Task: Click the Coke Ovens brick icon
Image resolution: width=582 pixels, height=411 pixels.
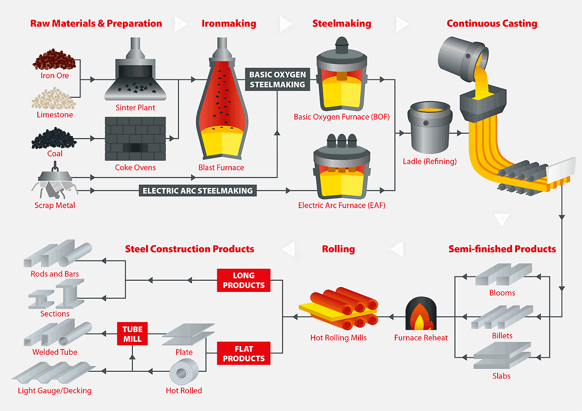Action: pyautogui.click(x=135, y=138)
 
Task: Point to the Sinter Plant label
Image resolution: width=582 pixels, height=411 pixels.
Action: pyautogui.click(x=135, y=107)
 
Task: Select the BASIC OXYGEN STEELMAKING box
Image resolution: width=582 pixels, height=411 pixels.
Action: pyautogui.click(x=277, y=79)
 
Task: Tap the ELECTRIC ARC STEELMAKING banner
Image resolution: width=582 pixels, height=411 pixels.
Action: pyautogui.click(x=198, y=191)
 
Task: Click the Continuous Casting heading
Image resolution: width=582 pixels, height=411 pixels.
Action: pyautogui.click(x=492, y=23)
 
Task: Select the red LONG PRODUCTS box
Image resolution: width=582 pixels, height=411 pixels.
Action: pyautogui.click(x=243, y=280)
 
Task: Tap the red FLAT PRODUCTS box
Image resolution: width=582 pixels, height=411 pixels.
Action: pyautogui.click(x=243, y=353)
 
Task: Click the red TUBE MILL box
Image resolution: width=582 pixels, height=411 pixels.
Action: pyautogui.click(x=132, y=334)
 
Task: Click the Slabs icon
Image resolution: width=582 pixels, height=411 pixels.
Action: pyautogui.click(x=501, y=356)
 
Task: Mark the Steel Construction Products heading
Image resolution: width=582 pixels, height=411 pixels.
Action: pyautogui.click(x=190, y=249)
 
